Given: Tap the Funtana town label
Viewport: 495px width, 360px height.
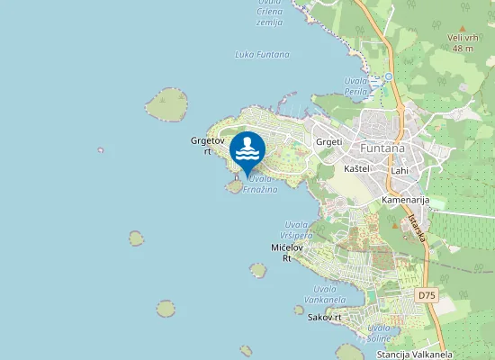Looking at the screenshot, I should [382, 148].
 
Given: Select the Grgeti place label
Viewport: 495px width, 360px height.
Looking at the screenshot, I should [328, 142].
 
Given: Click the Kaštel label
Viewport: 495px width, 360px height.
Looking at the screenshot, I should [357, 168].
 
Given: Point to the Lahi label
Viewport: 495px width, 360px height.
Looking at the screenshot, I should [400, 170].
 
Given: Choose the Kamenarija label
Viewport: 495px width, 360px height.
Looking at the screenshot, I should [405, 199].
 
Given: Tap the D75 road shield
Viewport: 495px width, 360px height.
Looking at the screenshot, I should [427, 295].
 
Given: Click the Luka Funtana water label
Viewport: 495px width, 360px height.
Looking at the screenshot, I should [262, 54].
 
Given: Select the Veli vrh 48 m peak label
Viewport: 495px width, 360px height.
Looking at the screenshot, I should [463, 42].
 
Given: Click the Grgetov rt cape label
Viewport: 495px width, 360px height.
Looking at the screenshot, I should [201, 145].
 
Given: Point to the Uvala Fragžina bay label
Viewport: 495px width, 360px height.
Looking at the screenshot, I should [263, 184].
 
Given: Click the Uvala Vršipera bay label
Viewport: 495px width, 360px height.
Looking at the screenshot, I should [298, 229].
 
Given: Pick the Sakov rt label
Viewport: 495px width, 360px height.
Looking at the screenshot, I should [325, 318].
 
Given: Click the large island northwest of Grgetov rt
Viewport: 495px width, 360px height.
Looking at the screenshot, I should [168, 103].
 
